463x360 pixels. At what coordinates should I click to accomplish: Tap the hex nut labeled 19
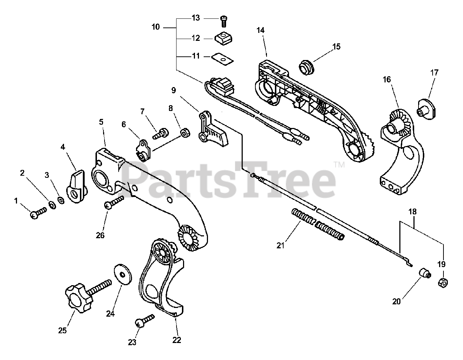click(442, 282)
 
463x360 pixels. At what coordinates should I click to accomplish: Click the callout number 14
click(261, 30)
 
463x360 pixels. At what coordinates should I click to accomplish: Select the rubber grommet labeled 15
click(307, 68)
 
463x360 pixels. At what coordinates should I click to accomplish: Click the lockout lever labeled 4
click(76, 188)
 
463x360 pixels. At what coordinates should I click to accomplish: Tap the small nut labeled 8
click(185, 133)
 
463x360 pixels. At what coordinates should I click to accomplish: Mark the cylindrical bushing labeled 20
click(424, 274)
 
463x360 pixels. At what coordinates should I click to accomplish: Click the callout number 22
click(177, 340)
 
